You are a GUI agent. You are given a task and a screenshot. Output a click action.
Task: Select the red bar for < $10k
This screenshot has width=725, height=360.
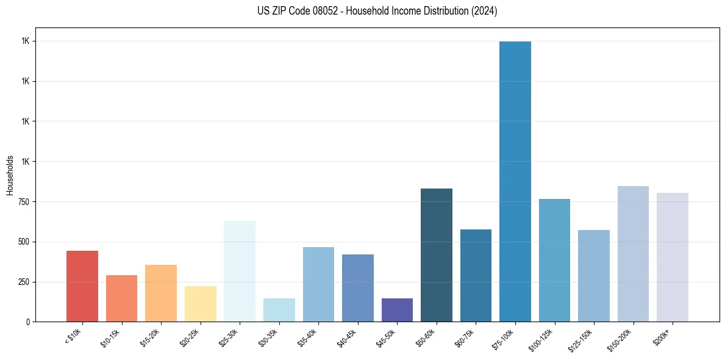[x=82, y=286]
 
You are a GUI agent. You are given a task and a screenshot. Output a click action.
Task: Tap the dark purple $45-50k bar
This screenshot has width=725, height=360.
[x=397, y=310]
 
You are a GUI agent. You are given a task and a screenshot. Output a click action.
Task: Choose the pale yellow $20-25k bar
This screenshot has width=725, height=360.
[x=201, y=304]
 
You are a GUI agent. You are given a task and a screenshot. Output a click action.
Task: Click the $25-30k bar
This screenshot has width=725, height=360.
[x=240, y=271]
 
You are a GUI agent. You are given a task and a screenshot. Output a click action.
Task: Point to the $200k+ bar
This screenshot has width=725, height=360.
[x=673, y=257]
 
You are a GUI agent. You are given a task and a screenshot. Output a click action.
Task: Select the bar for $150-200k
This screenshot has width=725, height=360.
[x=633, y=254]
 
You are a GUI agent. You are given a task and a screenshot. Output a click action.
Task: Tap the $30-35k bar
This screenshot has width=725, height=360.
[x=279, y=310]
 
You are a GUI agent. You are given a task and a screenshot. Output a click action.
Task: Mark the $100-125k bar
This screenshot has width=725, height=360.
[x=554, y=260]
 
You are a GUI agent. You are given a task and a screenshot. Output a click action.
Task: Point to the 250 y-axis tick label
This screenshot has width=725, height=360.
[x=24, y=282]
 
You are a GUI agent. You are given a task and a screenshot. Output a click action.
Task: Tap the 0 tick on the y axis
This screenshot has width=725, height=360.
[x=28, y=322]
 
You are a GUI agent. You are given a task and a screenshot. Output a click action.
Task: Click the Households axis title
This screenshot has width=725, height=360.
[x=10, y=175]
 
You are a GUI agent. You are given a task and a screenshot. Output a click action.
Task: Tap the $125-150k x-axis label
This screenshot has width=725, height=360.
[x=582, y=339]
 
